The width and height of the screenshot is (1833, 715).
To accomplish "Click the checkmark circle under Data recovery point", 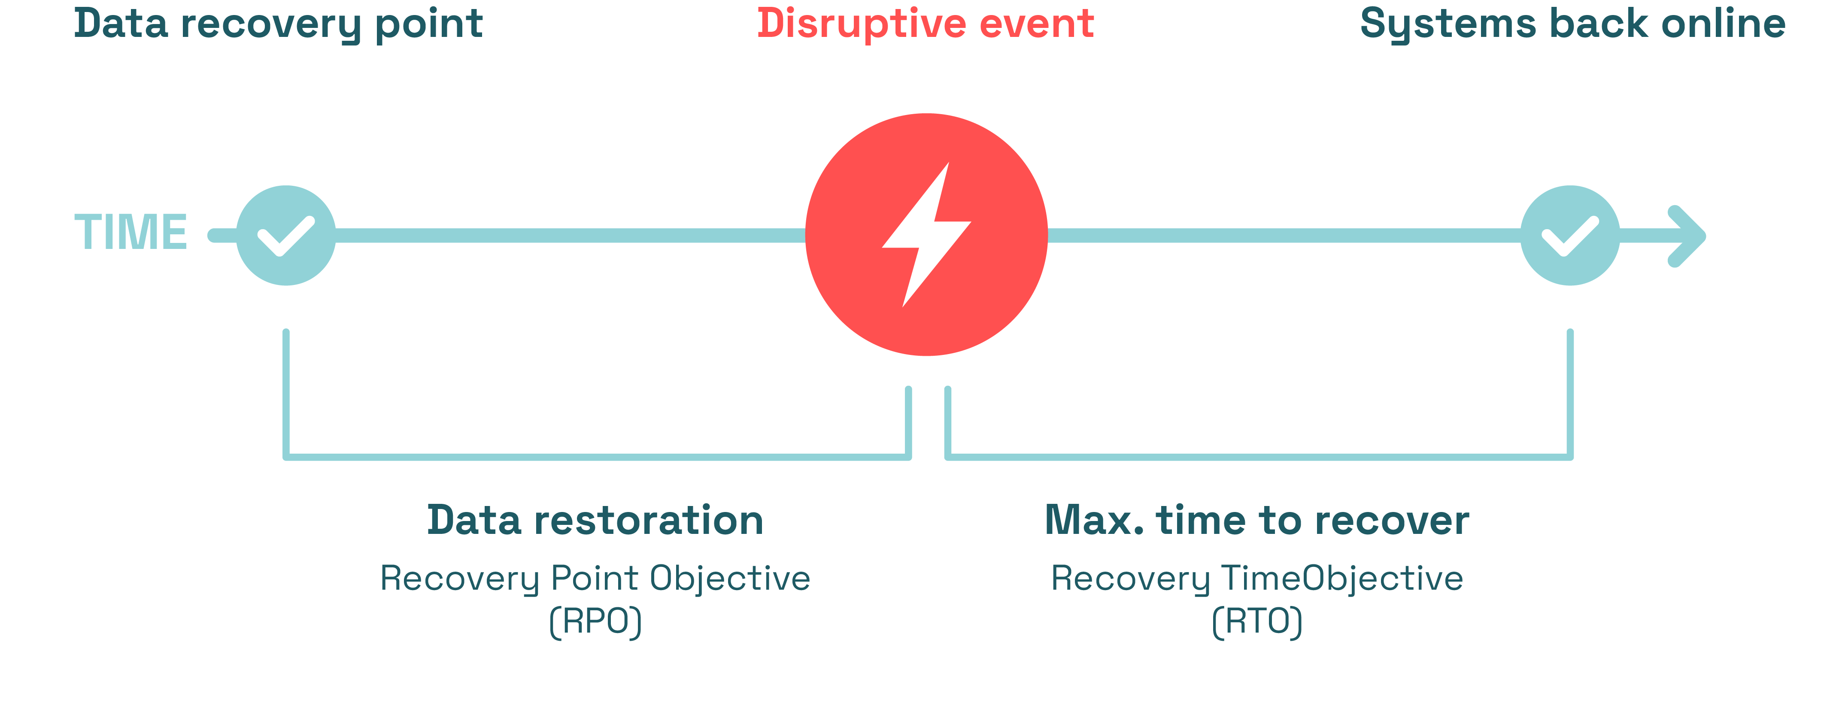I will pos(285,236).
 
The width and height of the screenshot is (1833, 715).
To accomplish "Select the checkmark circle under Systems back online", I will pos(1570,236).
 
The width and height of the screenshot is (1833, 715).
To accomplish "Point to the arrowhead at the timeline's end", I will pos(1688,236).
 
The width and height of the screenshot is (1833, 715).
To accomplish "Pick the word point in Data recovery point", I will pos(429,24).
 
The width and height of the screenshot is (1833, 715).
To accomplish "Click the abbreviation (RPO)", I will pos(595,621).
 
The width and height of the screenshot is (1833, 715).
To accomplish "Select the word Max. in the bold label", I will pos(1094,520).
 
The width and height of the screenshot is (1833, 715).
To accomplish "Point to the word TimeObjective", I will pos(1342,578).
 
